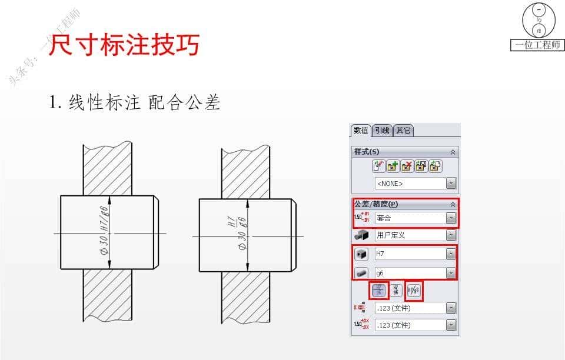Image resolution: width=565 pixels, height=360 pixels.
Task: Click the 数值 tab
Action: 360,131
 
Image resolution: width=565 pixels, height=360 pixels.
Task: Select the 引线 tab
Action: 382,131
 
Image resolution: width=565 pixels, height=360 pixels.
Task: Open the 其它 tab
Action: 403,131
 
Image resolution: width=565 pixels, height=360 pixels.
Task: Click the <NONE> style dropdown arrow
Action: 451,184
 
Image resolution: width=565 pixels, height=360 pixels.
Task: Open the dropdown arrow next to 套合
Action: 451,218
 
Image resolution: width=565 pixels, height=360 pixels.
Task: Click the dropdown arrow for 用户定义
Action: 451,235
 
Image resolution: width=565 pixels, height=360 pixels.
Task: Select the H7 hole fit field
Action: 410,254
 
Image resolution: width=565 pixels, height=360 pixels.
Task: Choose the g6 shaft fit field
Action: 410,272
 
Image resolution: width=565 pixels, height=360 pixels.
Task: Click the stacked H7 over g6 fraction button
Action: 379,290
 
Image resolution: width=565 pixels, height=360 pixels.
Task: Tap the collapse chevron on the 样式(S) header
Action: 453,152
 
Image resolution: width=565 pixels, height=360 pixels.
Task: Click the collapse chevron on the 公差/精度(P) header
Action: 453,205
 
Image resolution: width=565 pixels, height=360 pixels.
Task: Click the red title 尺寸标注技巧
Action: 124,45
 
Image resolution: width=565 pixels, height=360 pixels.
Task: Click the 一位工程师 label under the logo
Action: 537,45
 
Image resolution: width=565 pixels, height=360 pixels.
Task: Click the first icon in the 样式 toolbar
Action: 379,166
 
